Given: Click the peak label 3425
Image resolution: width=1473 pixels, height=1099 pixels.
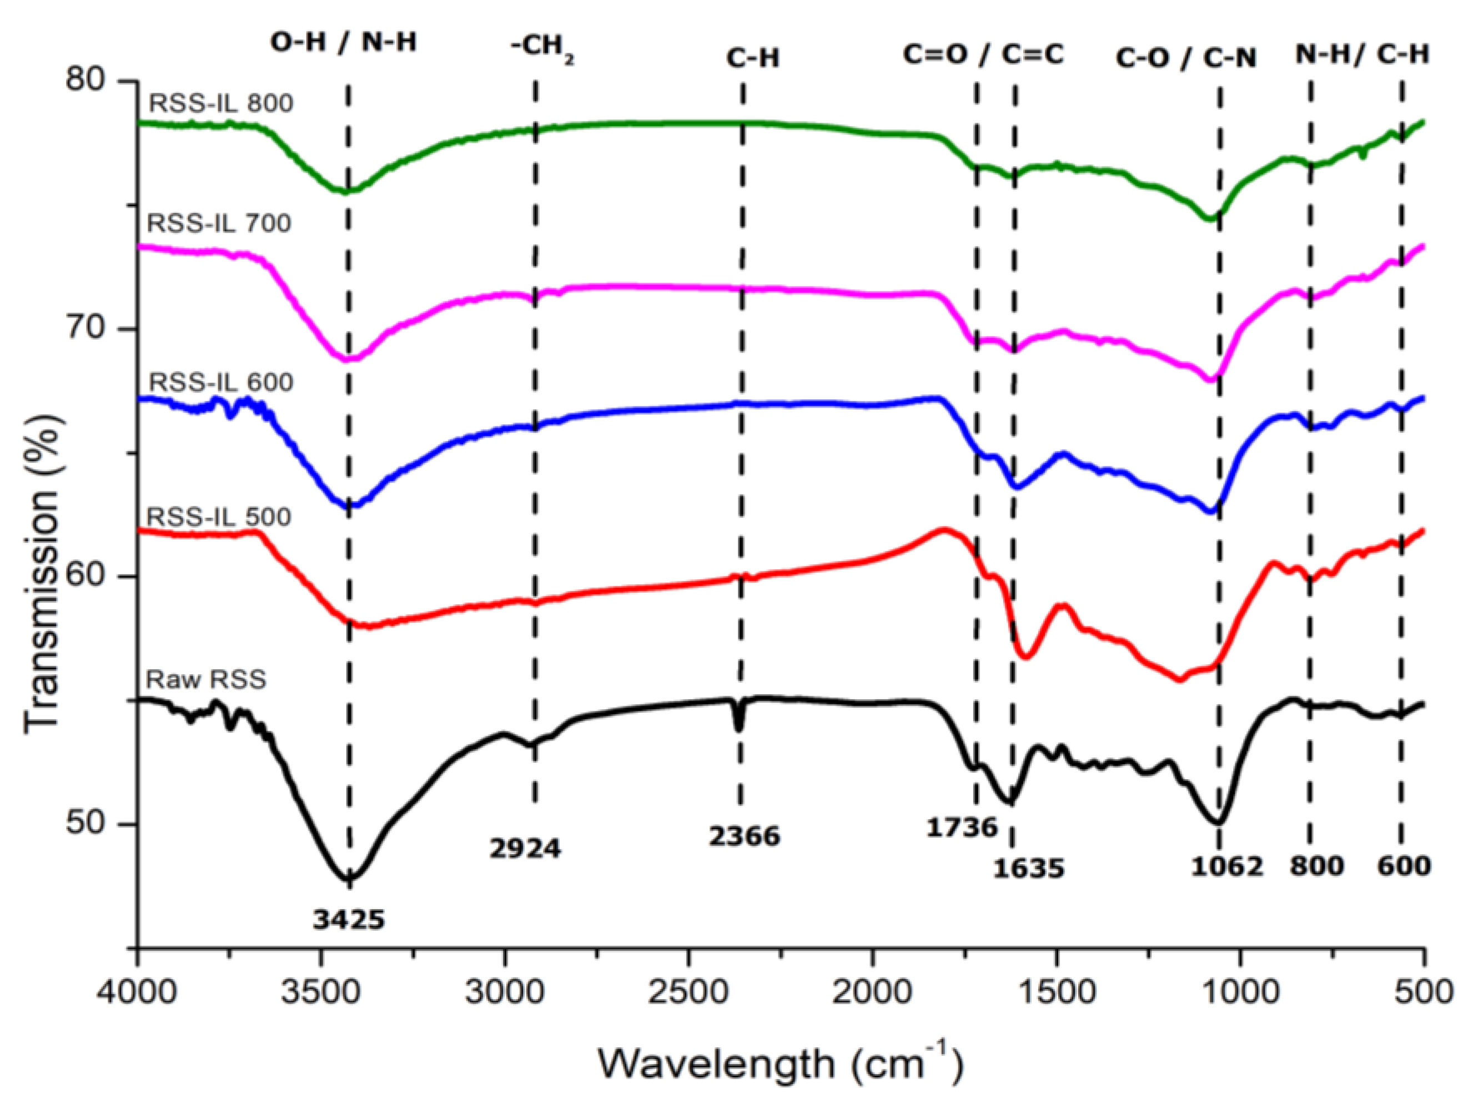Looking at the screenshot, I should pyautogui.click(x=349, y=919).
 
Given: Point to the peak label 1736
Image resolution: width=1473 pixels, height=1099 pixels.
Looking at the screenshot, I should pyautogui.click(x=962, y=827).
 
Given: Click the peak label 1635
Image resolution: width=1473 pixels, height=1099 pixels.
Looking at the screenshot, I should pyautogui.click(x=1029, y=868).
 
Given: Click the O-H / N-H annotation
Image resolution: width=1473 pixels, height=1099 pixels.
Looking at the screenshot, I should pyautogui.click(x=343, y=43).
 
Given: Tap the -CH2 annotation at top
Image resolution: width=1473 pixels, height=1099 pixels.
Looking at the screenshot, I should pyautogui.click(x=541, y=51).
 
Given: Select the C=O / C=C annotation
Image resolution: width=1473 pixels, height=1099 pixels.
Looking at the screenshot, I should pyautogui.click(x=983, y=54).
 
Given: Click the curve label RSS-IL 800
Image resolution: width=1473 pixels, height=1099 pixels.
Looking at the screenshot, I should pyautogui.click(x=221, y=104).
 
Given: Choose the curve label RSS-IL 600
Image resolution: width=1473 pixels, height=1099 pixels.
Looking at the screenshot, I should pyautogui.click(x=221, y=382).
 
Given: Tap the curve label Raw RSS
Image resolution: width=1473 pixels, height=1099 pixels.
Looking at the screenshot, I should pyautogui.click(x=206, y=679).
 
